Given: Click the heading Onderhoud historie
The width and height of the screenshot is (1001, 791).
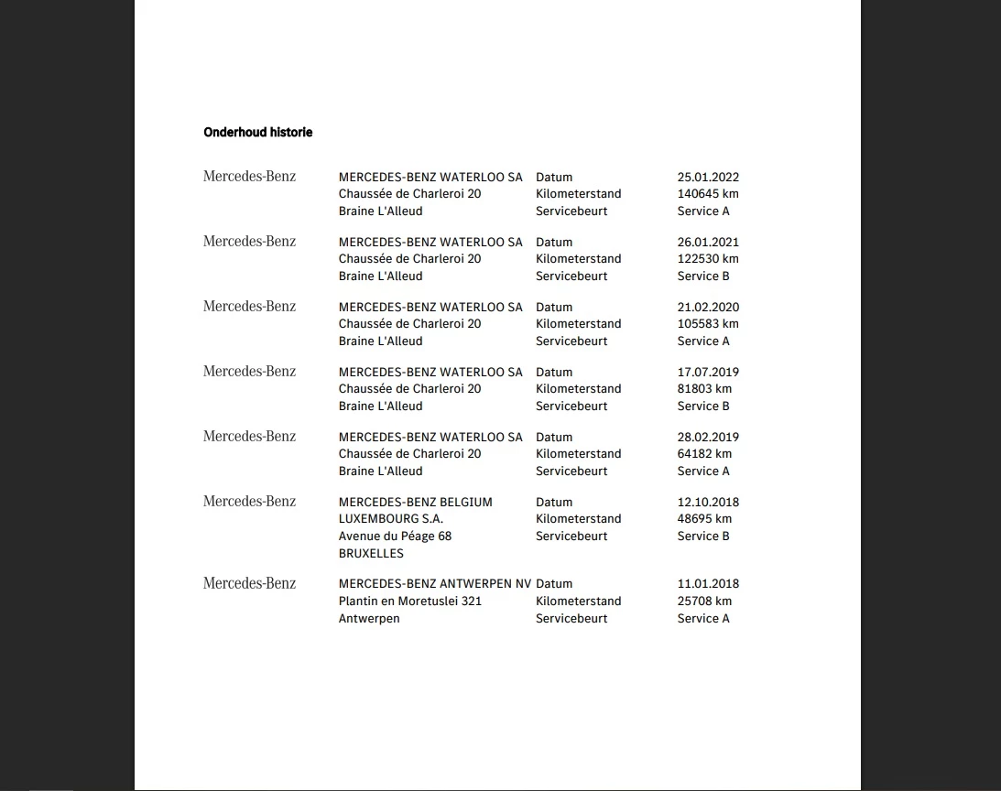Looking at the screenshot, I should pyautogui.click(x=257, y=133).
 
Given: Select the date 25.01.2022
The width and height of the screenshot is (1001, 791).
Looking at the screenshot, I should pyautogui.click(x=708, y=178).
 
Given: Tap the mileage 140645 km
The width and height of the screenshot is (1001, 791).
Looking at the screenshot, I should pyautogui.click(x=708, y=194).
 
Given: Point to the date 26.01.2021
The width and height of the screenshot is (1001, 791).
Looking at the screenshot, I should pyautogui.click(x=708, y=243).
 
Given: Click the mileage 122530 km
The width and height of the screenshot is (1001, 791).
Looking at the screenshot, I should pyautogui.click(x=708, y=259).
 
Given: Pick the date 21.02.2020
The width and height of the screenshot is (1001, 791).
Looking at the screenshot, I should pyautogui.click(x=708, y=308).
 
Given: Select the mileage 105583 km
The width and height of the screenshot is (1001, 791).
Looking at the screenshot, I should pyautogui.click(x=708, y=324).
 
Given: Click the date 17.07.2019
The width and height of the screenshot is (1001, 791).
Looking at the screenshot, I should pyautogui.click(x=708, y=373).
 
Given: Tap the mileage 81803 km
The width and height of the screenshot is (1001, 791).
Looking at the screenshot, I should pyautogui.click(x=704, y=389).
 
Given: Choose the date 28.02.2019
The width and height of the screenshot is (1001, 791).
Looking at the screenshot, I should pyautogui.click(x=708, y=438).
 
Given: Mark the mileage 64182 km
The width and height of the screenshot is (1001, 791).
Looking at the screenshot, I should pyautogui.click(x=704, y=454).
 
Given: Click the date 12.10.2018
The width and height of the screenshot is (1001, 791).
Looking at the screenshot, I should pyautogui.click(x=708, y=503).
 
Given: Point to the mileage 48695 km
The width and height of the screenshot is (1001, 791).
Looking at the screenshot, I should pyautogui.click(x=704, y=519).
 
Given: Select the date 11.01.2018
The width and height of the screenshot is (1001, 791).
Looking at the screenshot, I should pyautogui.click(x=708, y=584).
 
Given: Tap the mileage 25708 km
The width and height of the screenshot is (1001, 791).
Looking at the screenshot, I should pyautogui.click(x=704, y=601).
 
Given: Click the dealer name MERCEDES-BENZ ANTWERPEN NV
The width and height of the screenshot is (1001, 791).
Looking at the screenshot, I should pyautogui.click(x=434, y=584).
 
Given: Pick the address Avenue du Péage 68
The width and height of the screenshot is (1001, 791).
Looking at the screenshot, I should pyautogui.click(x=395, y=536).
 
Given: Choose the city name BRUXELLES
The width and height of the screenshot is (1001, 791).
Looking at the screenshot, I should pyautogui.click(x=371, y=554).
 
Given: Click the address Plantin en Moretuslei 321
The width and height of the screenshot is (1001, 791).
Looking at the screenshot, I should pyautogui.click(x=409, y=601).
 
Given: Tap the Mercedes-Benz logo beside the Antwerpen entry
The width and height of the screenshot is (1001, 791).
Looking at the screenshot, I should pyautogui.click(x=249, y=583).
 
